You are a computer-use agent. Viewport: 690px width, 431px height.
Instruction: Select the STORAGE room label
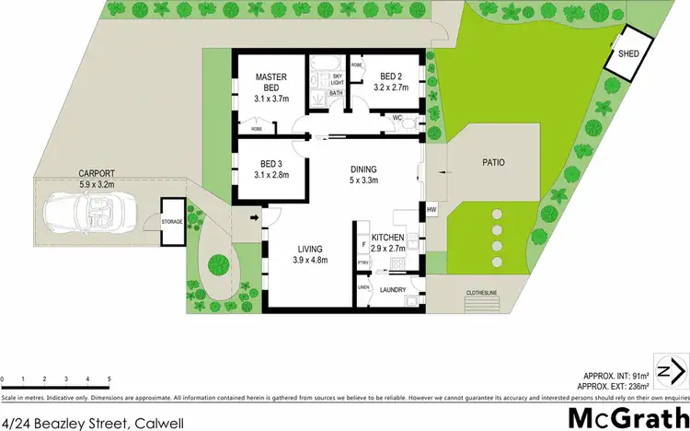pyautogui.click(x=172, y=222)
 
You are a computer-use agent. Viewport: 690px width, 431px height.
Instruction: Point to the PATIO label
pyautogui.click(x=494, y=163)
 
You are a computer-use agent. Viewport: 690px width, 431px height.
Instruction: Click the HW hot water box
pyautogui.click(x=431, y=210)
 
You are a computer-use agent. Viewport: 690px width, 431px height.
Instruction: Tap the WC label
pyautogui.click(x=397, y=117)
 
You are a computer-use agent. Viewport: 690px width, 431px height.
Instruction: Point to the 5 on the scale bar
pyautogui.click(x=109, y=379)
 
